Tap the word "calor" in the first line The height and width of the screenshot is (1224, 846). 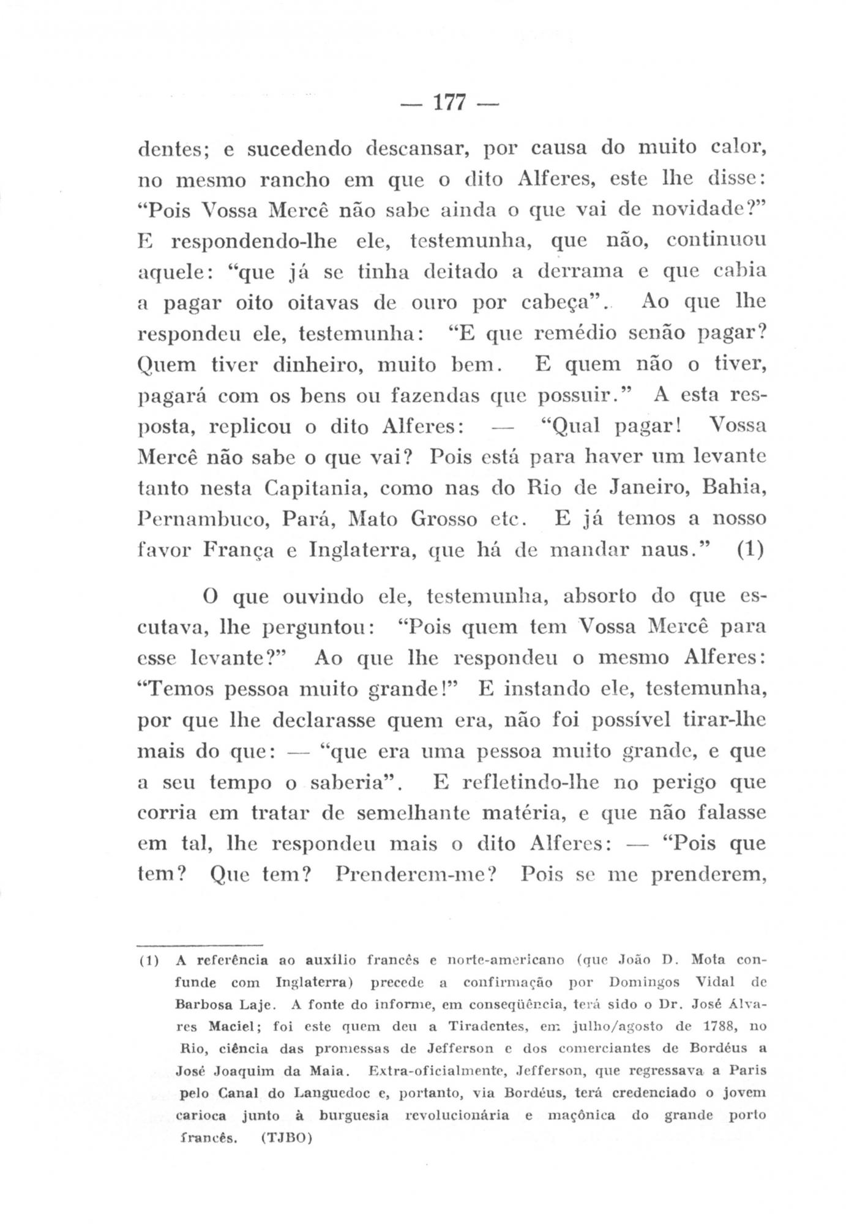click(x=737, y=147)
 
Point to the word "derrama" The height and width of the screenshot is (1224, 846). click(x=579, y=271)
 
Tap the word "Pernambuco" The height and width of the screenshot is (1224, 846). click(x=203, y=520)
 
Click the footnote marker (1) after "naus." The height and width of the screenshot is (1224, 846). click(x=751, y=550)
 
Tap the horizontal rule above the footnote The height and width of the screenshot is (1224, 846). click(x=200, y=943)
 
